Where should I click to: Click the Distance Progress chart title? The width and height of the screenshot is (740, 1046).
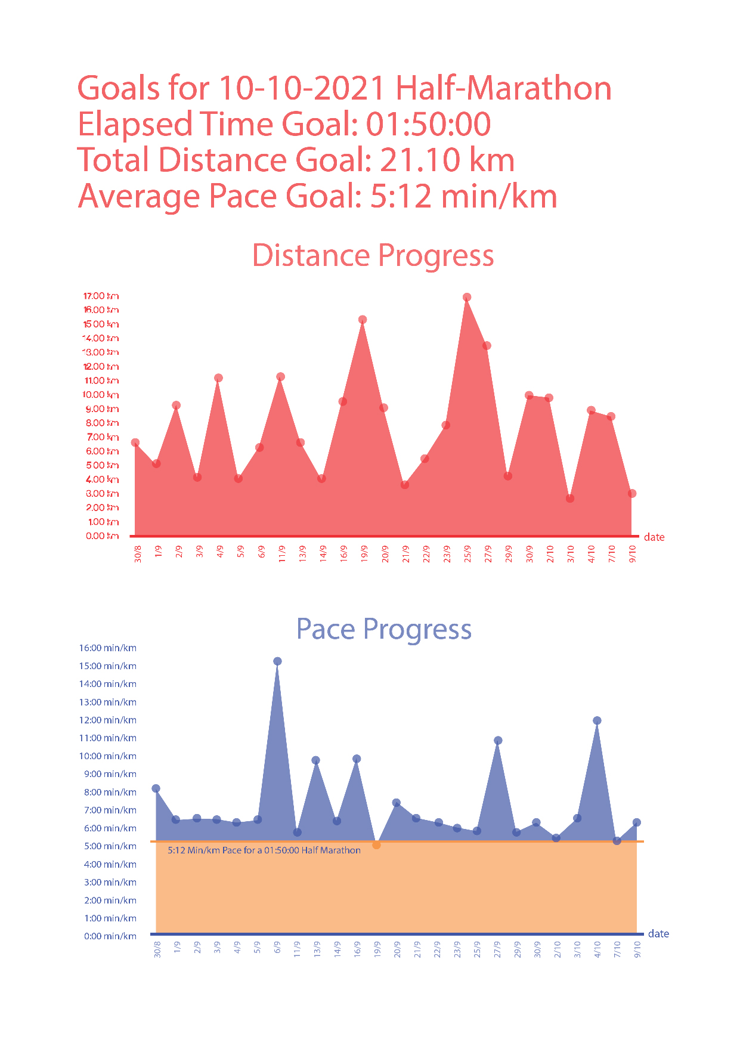coord(373,255)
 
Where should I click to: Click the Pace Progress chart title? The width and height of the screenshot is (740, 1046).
coord(383,629)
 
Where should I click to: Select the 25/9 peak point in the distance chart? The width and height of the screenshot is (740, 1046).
coord(467,297)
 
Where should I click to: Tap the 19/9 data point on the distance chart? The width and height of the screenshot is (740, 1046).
coord(363,320)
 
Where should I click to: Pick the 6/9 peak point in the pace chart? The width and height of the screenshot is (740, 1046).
coord(277,661)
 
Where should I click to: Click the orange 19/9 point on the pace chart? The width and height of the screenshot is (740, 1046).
coord(376,844)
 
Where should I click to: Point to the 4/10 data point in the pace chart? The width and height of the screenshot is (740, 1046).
coord(597,720)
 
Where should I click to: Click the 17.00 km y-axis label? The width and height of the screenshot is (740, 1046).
coord(101,296)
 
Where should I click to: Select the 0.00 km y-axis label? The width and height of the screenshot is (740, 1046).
coord(102,536)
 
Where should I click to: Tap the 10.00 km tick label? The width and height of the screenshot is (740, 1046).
coord(101,395)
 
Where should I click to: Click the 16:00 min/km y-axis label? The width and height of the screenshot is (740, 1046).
coord(108,648)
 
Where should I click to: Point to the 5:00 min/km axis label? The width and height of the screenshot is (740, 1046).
coord(110,846)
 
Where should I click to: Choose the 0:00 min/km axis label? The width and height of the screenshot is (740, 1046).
coord(110,936)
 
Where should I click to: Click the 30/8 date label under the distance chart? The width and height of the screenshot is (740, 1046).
coord(138,553)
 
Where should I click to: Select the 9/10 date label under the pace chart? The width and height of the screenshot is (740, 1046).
coord(637,949)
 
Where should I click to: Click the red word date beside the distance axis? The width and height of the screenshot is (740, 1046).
coord(654,537)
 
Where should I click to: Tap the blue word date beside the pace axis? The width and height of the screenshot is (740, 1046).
coord(658,934)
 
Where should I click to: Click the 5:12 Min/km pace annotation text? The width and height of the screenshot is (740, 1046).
coord(264,850)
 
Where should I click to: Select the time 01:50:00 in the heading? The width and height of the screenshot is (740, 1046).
coord(428,124)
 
